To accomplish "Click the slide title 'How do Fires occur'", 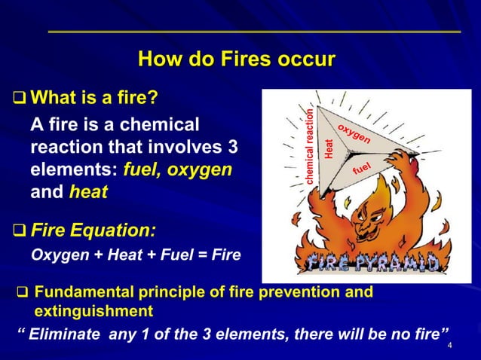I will pos(237,59).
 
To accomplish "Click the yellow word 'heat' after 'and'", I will pos(88,192).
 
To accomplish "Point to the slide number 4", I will pos(449,346).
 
